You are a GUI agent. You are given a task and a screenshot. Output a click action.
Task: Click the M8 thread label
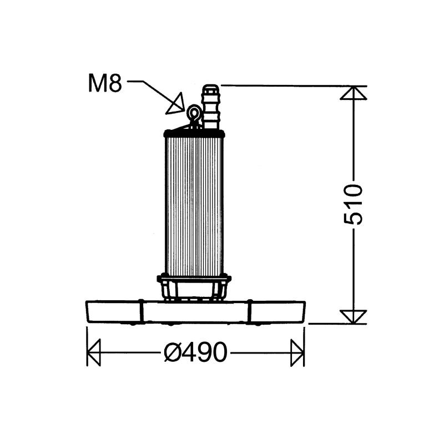click(x=105, y=84)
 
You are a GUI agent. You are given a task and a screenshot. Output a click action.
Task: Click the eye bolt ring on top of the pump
click(x=194, y=113)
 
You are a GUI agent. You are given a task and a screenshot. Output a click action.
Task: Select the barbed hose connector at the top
click(x=210, y=107)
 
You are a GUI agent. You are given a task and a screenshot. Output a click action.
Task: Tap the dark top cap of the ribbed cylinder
click(x=194, y=133)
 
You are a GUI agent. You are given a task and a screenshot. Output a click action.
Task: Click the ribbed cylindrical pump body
click(x=194, y=205)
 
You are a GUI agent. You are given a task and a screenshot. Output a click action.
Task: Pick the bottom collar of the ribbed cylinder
click(x=194, y=277)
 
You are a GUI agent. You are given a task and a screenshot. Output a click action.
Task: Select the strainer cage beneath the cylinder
click(x=194, y=290)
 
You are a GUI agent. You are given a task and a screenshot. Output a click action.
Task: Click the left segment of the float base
click(x=113, y=312)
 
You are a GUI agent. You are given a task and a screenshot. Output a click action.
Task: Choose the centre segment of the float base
click(x=194, y=312)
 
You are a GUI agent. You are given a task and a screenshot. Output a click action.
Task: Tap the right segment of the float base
click(x=276, y=312)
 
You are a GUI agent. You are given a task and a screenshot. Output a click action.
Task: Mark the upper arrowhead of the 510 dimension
click(x=354, y=93)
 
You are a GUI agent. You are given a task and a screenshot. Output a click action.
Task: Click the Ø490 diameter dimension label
click(x=195, y=352)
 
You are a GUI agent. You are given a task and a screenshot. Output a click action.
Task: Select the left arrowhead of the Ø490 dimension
click(x=94, y=352)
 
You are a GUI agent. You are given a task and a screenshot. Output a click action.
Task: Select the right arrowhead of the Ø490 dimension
click(x=297, y=352)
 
